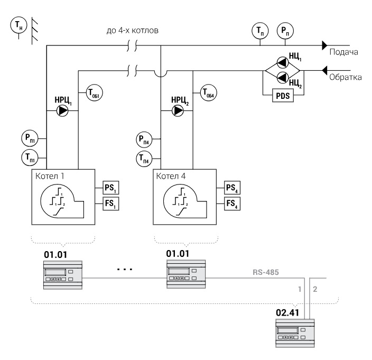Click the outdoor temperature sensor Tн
pos(18,25)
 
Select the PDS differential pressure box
pos(283,95)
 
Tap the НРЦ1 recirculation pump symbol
pos(62,110)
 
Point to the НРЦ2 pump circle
pos(178,110)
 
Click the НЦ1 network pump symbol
pos(283,63)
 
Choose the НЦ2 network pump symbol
pos(283,77)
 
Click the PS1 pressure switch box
pos(111,188)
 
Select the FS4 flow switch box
pos(232,204)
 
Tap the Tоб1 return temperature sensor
pos(94,93)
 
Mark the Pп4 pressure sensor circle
pos(144,140)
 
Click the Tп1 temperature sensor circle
pos(30,158)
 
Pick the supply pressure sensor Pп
pos(285,31)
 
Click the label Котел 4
pos(171,176)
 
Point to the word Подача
pos(344,52)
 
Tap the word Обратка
pos(346,77)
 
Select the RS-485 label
pos(266,272)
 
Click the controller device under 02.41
pos(295,333)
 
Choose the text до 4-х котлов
pos(133,31)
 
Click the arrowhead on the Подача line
pos(324,45)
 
